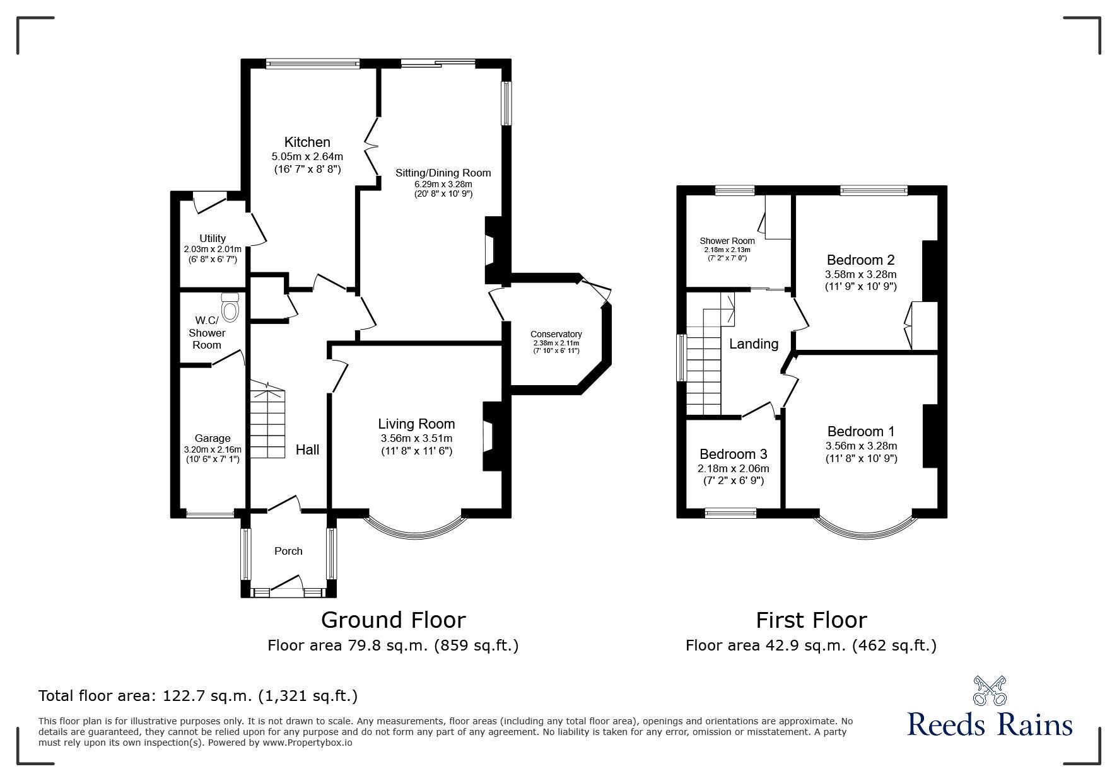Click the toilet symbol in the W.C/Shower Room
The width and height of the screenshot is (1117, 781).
point(231,308)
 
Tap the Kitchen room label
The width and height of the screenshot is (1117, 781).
point(307,142)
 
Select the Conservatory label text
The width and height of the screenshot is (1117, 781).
point(556,334)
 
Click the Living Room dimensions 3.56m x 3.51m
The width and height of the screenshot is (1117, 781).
point(416,438)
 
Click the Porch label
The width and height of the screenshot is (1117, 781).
point(288,551)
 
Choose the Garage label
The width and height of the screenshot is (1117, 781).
point(213,438)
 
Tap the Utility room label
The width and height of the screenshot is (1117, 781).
point(213,238)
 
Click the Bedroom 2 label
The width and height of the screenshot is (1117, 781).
point(860,260)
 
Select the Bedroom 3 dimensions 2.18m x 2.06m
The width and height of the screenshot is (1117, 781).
point(733,468)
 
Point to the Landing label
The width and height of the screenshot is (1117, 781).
point(753,344)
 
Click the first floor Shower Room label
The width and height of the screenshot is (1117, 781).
point(727,241)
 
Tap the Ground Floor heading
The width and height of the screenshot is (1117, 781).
point(393,620)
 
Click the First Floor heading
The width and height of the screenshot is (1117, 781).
point(811,620)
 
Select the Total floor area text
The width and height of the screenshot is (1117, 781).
point(198,696)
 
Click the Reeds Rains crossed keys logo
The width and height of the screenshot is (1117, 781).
point(990,691)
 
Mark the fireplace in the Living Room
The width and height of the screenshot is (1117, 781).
point(491,436)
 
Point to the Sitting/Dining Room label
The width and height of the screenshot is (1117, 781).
point(443,173)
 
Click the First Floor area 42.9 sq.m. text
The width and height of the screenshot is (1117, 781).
point(810,645)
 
